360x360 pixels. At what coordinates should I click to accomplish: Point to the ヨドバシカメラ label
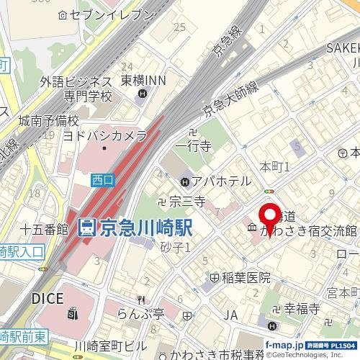click(x=104, y=135)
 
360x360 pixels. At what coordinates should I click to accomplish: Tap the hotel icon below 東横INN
click(x=143, y=94)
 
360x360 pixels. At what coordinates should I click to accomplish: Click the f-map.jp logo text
click(x=284, y=346)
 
